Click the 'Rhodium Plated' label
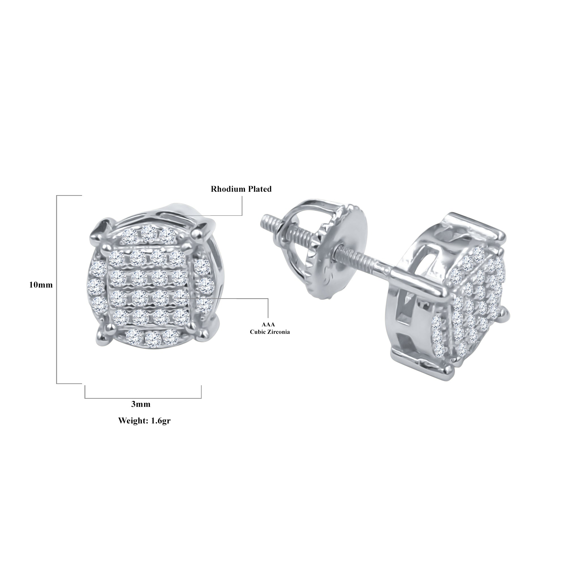pyautogui.click(x=241, y=189)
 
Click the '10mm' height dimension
pyautogui.click(x=41, y=285)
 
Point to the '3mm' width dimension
pyautogui.click(x=141, y=404)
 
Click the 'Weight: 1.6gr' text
pyautogui.click(x=144, y=421)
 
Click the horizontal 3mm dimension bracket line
pyautogui.click(x=143, y=398)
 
